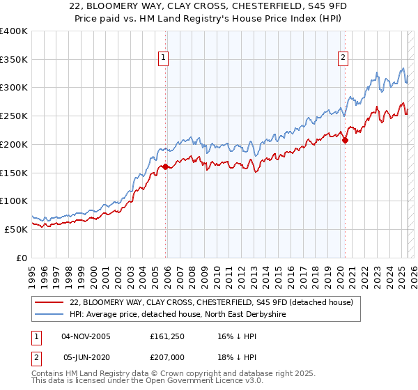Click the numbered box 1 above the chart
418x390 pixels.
[x=163, y=58]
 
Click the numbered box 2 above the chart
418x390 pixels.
[x=343, y=58]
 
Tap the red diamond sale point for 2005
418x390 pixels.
[x=165, y=166]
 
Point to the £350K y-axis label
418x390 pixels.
[x=14, y=59]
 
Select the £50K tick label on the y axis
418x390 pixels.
[x=15, y=229]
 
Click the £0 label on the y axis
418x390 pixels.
[x=22, y=258]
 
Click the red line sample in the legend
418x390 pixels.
[x=49, y=302]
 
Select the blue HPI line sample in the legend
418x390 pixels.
[x=49, y=315]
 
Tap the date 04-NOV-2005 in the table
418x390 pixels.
[x=86, y=336]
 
